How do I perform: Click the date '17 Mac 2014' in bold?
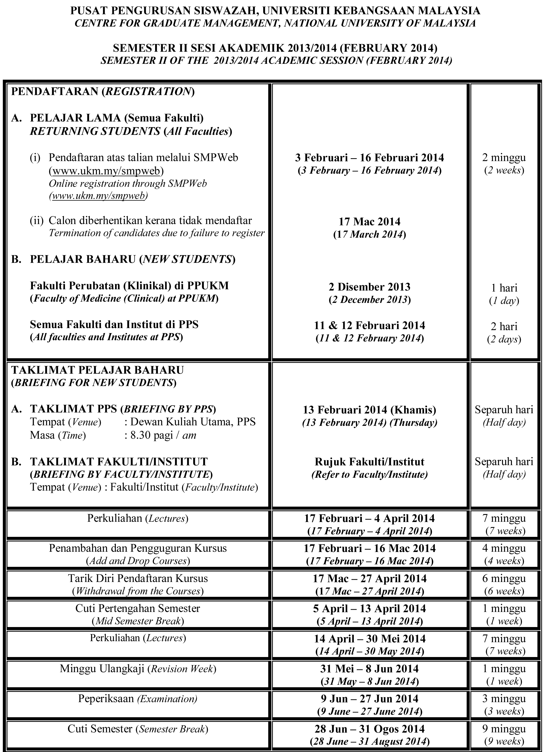pyautogui.click(x=369, y=222)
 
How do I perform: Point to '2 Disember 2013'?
pyautogui.click(x=369, y=287)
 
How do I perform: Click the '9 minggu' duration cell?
pyautogui.click(x=504, y=729)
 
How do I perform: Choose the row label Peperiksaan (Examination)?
pyautogui.click(x=137, y=699)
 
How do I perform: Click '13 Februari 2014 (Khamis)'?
pyautogui.click(x=369, y=410)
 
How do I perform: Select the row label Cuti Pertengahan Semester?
pyautogui.click(x=137, y=608)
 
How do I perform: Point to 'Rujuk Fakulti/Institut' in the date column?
pyautogui.click(x=369, y=462)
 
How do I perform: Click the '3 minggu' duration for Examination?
pyautogui.click(x=504, y=699)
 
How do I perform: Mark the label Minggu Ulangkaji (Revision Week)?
pyautogui.click(x=137, y=669)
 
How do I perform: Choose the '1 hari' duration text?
pyautogui.click(x=504, y=288)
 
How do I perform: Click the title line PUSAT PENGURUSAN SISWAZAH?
pyautogui.click(x=275, y=11)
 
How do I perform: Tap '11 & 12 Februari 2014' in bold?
pyautogui.click(x=369, y=325)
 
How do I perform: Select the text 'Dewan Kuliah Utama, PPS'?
pyautogui.click(x=193, y=422)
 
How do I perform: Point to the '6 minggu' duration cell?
pyautogui.click(x=504, y=578)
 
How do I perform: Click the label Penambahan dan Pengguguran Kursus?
pyautogui.click(x=137, y=548)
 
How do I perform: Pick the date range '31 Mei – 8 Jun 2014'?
pyautogui.click(x=369, y=669)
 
